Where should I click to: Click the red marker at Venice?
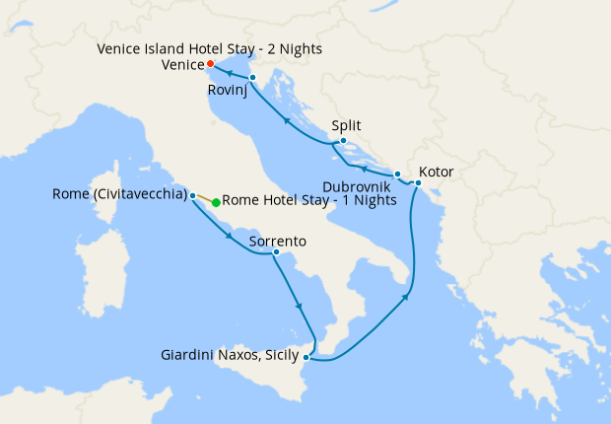coord(210,64)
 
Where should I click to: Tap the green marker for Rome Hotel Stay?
coord(216,201)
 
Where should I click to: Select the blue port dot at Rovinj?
coord(253,77)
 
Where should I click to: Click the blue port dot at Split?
coord(341,141)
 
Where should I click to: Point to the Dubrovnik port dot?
coord(397,175)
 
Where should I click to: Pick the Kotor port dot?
coord(418,183)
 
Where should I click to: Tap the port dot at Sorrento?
coord(276,254)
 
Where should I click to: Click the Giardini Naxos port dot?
coord(309,357)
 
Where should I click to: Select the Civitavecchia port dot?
coord(193,195)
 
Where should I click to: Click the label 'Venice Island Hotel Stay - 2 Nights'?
coord(209,48)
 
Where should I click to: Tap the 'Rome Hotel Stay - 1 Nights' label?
coord(309,201)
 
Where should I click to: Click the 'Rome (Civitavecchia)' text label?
coord(119,194)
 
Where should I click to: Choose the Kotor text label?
coord(437,171)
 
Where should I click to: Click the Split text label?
coord(346,126)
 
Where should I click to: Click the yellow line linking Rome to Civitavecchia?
coord(205,198)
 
